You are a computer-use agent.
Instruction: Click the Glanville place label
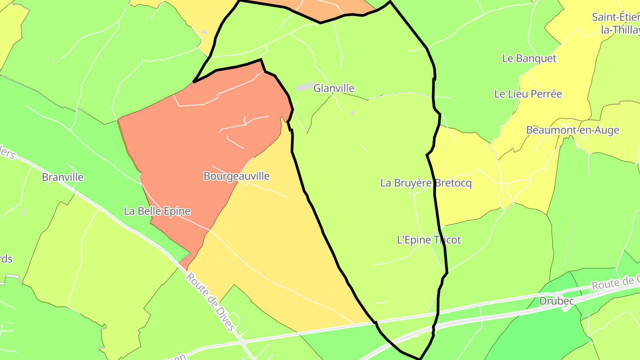pos(334,88)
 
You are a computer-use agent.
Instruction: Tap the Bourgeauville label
pos(236,176)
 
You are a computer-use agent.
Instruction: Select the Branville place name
pos(63,177)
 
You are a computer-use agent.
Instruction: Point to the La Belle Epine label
pos(157,211)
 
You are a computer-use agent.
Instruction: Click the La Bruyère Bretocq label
pos(426,183)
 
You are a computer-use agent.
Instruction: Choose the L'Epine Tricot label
pos(429,240)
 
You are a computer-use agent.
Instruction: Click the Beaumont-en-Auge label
pos(572,130)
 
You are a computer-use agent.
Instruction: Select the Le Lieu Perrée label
pos(528,94)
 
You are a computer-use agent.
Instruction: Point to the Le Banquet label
pos(529,58)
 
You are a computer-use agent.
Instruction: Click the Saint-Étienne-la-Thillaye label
pos(616,24)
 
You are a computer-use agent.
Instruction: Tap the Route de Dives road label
pos(210,302)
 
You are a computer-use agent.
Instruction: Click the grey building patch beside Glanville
pos(305,87)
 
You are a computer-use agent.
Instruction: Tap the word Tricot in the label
pos(447,240)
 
